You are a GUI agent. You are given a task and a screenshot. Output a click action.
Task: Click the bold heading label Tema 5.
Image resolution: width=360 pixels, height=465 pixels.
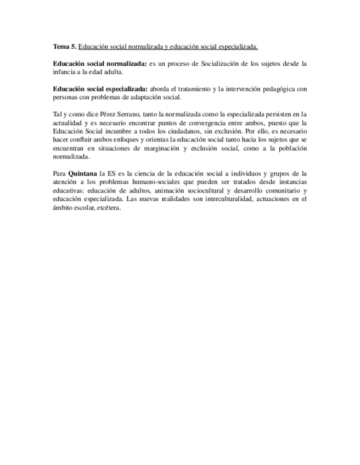(x=64, y=47)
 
